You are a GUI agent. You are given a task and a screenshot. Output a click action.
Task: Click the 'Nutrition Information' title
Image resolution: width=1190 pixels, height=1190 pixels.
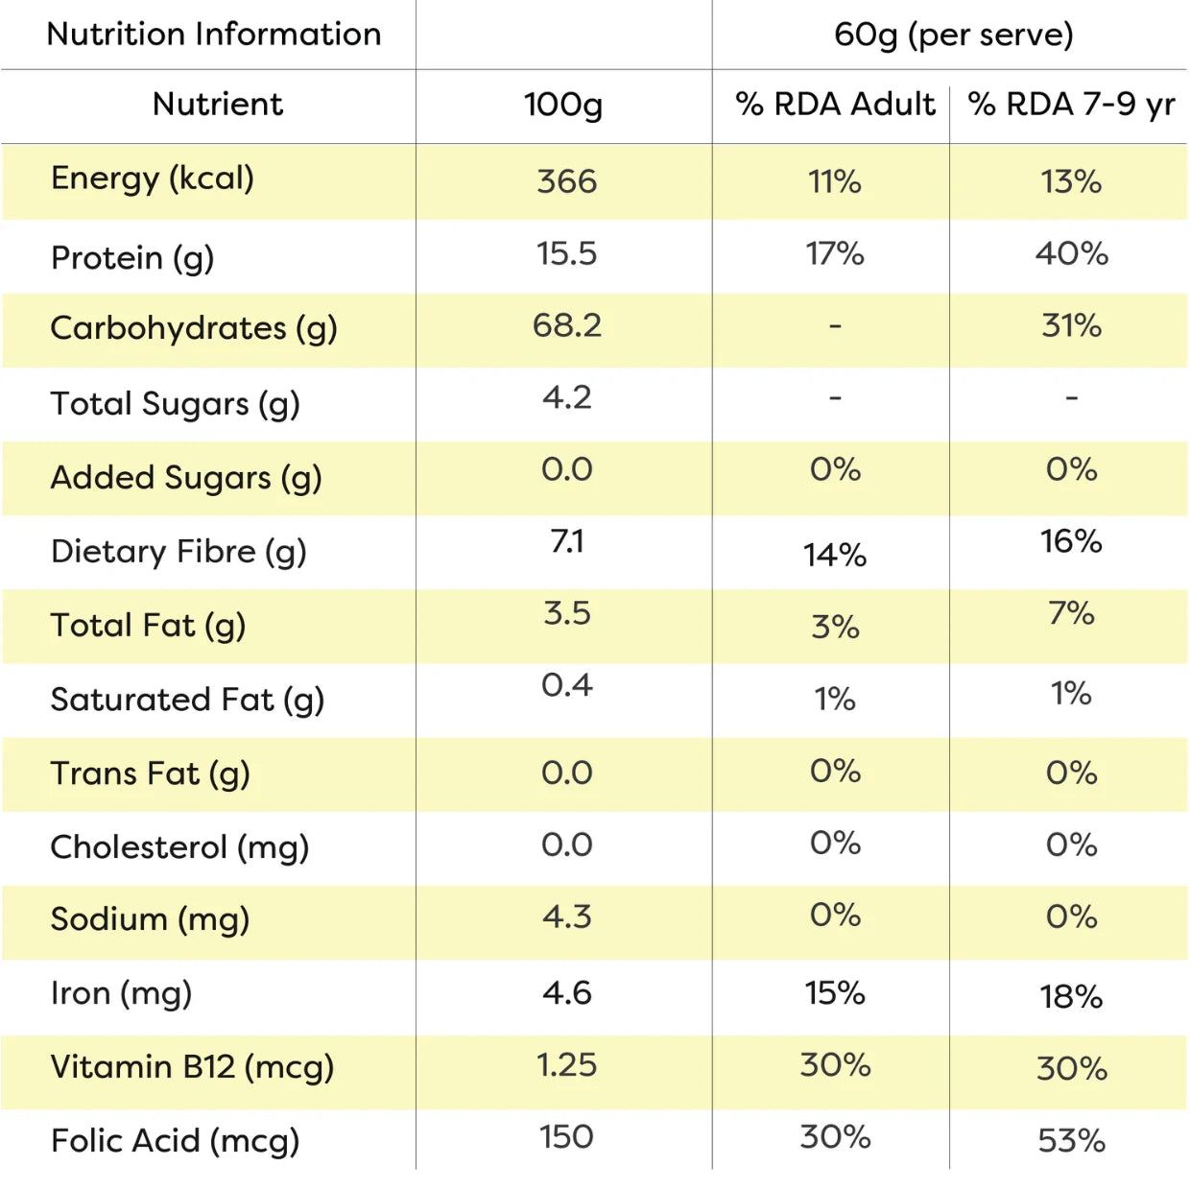pyautogui.click(x=214, y=34)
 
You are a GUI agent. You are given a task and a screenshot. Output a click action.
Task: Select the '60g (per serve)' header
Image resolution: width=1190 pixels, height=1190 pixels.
pyautogui.click(x=954, y=36)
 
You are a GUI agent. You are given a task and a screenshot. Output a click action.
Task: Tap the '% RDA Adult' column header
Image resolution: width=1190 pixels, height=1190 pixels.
pyautogui.click(x=835, y=104)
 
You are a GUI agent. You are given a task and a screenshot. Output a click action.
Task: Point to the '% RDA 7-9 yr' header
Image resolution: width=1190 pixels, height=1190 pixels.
pyautogui.click(x=1071, y=104)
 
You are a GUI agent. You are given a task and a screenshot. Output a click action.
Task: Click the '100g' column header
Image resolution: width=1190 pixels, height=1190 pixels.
pyautogui.click(x=563, y=105)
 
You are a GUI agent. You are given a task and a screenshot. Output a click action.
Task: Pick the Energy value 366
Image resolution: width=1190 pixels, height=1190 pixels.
pyautogui.click(x=567, y=181)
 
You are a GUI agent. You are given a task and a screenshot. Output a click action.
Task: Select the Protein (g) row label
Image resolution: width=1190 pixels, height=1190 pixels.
pyautogui.click(x=132, y=258)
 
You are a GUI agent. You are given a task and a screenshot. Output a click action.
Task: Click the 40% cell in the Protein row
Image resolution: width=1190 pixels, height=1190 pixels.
pyautogui.click(x=1071, y=253)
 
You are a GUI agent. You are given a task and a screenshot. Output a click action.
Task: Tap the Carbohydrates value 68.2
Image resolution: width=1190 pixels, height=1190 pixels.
pyautogui.click(x=567, y=325)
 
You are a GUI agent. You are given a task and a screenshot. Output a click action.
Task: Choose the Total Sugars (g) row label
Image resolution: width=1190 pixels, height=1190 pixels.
pyautogui.click(x=176, y=404)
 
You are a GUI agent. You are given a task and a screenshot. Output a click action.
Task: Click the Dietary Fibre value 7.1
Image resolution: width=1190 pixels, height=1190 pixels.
pyautogui.click(x=567, y=541)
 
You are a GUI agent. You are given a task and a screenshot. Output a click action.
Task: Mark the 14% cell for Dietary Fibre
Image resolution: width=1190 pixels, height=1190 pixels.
pyautogui.click(x=835, y=555)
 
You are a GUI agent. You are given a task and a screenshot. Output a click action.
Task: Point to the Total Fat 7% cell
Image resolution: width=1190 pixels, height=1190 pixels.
pyautogui.click(x=1071, y=613)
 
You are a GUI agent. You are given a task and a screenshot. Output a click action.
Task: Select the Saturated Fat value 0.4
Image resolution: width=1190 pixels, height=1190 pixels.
pyautogui.click(x=567, y=685)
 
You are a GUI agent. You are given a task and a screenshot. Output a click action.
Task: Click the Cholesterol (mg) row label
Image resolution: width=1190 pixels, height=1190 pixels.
pyautogui.click(x=179, y=847)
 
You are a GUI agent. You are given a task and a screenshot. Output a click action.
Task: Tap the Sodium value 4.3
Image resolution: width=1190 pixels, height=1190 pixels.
pyautogui.click(x=567, y=916)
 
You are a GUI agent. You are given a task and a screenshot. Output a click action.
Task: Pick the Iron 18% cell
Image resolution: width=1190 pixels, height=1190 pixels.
pyautogui.click(x=1071, y=997)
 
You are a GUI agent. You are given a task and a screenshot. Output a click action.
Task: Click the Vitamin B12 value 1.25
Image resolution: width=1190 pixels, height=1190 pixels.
pyautogui.click(x=567, y=1065)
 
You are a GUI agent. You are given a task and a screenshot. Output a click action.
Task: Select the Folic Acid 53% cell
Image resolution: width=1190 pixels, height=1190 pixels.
pyautogui.click(x=1071, y=1141)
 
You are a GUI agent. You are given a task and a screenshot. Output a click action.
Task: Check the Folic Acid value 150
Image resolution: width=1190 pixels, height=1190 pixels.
pyautogui.click(x=567, y=1137)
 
